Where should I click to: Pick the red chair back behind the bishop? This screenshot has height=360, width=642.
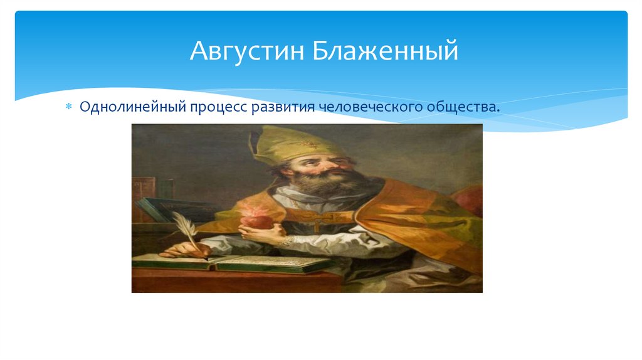tap(469, 201)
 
